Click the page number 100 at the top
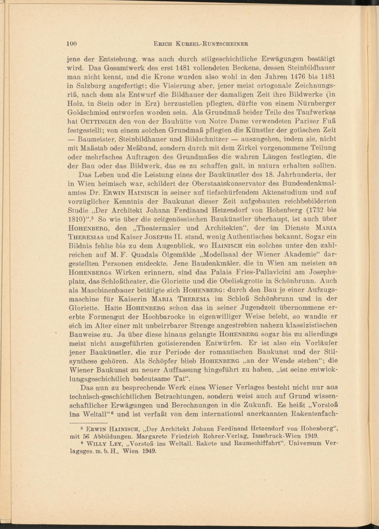tap(72, 43)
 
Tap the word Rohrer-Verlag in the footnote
tap(216, 436)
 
